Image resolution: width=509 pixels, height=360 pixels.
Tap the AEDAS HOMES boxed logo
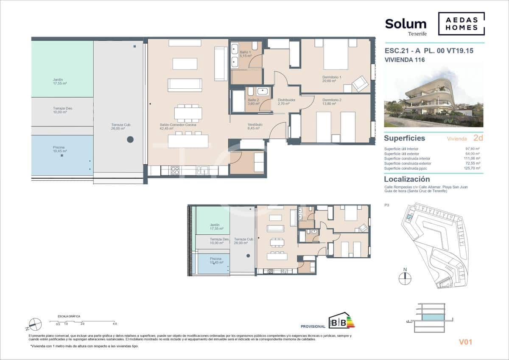click(x=461, y=24)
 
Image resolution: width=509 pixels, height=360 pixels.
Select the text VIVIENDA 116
click(x=404, y=60)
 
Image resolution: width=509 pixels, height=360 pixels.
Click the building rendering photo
click(x=433, y=95)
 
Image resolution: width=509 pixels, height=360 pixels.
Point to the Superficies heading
click(x=404, y=138)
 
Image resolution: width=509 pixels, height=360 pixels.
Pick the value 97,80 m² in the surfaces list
click(x=472, y=149)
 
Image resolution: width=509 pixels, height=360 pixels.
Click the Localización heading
click(x=407, y=179)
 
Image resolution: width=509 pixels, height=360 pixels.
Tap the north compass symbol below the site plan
click(x=405, y=278)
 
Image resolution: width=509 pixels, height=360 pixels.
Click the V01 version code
click(x=465, y=342)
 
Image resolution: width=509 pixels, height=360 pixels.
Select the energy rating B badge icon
click(x=341, y=321)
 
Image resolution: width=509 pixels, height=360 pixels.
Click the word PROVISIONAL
click(x=313, y=326)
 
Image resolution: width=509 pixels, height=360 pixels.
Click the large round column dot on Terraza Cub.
click(x=130, y=139)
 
